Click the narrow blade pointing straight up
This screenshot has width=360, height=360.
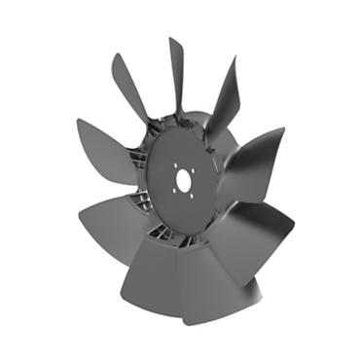177,73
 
